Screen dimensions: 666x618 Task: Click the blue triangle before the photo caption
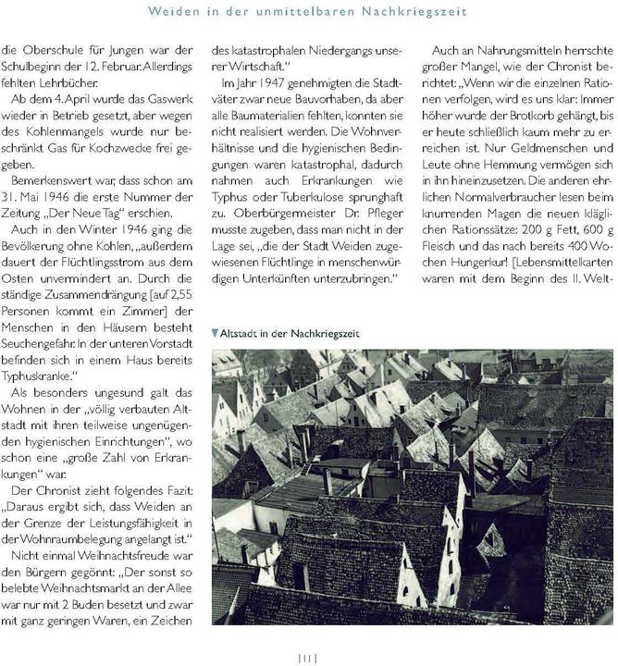(216, 333)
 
